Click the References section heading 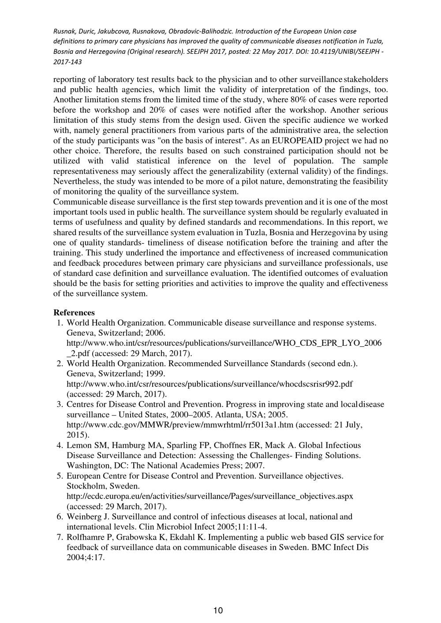(74, 313)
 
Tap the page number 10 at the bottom (218, 610)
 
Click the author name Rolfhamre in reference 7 (86, 537)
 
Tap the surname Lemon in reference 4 (78, 445)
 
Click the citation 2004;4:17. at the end (86, 557)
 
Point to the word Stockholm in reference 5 (84, 486)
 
